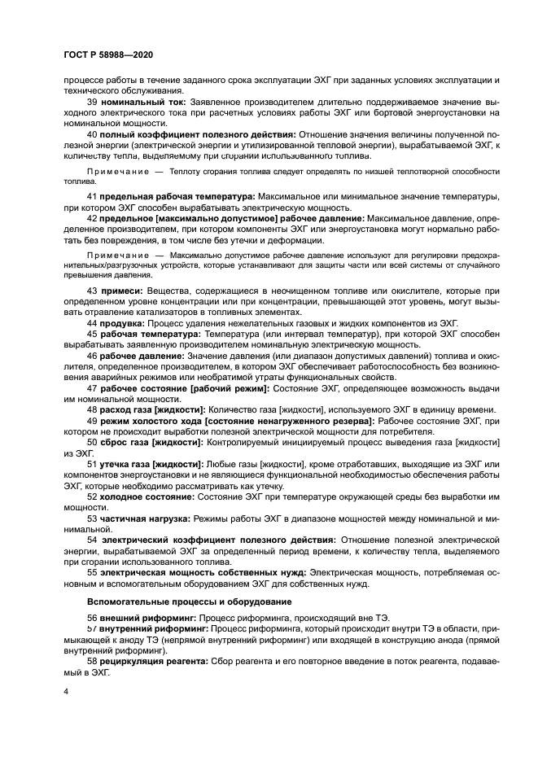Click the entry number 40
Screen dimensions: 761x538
click(x=91, y=133)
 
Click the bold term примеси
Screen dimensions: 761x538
click(x=121, y=291)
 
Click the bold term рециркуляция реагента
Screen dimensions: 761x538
click(x=154, y=663)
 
